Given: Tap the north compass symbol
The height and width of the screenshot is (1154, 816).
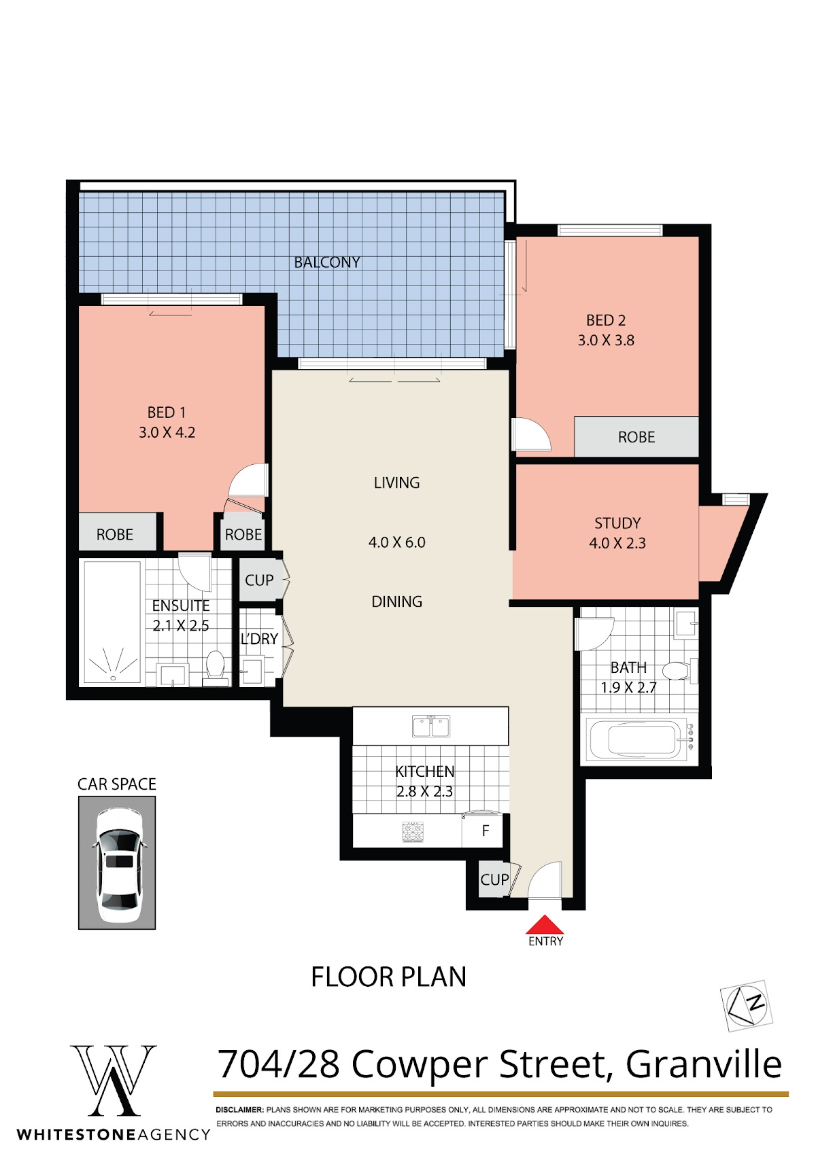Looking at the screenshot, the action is [747, 1006].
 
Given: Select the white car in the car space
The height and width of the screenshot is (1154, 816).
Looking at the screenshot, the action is [118, 864].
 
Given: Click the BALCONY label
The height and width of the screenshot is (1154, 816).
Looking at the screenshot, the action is [327, 262].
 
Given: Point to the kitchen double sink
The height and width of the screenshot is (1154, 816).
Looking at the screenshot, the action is [431, 726].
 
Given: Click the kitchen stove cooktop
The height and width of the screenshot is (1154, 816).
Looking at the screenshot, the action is [412, 832].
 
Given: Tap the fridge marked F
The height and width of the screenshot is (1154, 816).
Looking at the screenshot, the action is [482, 830].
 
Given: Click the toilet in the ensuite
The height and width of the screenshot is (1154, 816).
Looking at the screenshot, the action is [215, 667].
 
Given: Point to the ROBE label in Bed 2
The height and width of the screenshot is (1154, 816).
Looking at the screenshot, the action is [636, 437].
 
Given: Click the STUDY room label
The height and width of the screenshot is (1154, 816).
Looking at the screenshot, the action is [617, 523].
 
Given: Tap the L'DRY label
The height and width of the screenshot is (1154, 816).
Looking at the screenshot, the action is [259, 639].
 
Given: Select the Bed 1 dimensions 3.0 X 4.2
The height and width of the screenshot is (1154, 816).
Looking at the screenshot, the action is [167, 432].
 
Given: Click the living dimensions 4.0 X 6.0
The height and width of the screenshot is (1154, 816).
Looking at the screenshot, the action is [397, 542].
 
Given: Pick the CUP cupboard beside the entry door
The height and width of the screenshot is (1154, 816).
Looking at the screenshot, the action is [494, 879].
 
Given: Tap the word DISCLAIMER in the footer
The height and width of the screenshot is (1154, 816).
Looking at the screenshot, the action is [239, 1109].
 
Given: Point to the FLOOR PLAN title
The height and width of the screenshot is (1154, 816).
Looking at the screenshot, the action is [389, 976].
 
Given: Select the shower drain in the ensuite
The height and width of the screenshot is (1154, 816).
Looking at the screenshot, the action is [113, 678].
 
